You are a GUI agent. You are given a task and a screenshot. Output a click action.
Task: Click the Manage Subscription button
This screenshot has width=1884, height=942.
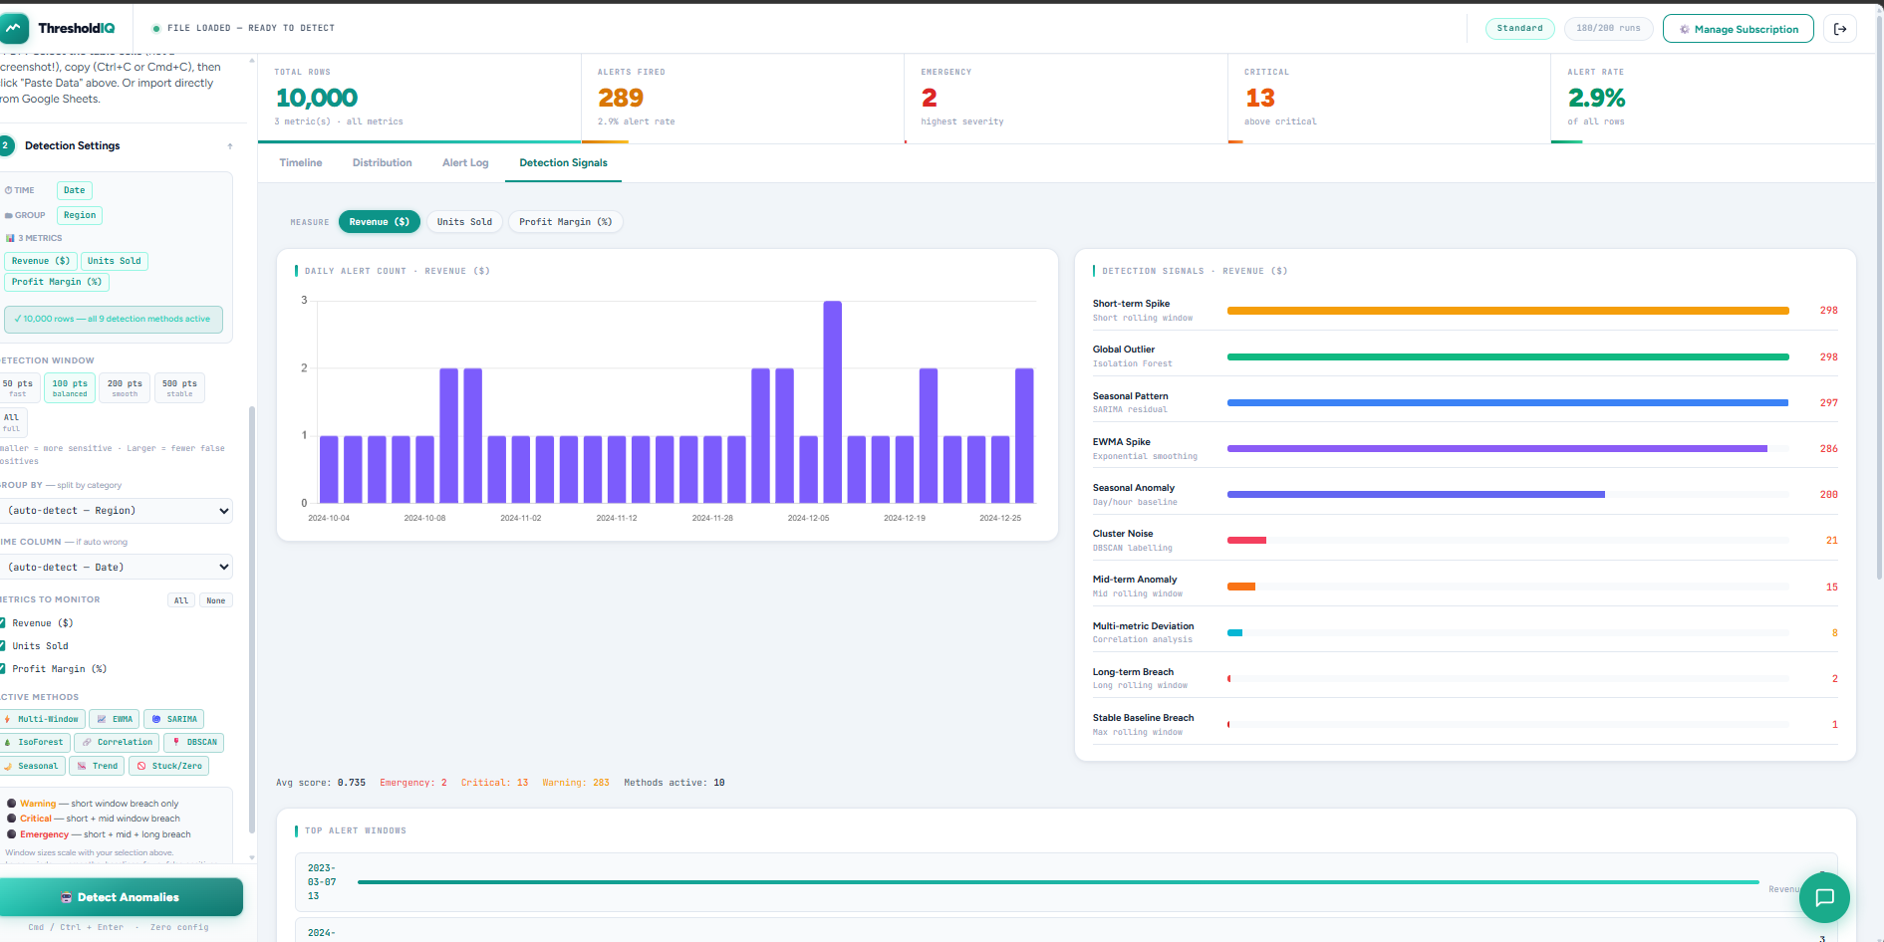click(1738, 29)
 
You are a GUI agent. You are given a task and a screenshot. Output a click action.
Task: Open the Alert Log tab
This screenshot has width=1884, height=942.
click(465, 163)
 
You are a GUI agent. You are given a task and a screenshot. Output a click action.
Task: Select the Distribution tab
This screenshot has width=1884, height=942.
click(382, 163)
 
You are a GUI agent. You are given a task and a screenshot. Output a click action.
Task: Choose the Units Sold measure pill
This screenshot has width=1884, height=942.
click(464, 222)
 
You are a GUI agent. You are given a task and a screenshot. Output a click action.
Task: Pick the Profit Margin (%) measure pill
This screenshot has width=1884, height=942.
click(565, 222)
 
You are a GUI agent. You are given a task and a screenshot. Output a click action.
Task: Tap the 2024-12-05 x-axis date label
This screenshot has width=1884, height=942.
click(808, 518)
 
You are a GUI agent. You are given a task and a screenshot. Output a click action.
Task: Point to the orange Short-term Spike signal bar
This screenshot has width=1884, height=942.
click(1506, 311)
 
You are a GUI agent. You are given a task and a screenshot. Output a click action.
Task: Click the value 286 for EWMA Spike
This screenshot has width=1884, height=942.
click(1828, 449)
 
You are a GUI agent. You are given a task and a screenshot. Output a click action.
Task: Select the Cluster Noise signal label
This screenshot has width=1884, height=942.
click(1123, 534)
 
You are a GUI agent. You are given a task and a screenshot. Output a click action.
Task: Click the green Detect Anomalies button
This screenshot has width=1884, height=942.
click(121, 897)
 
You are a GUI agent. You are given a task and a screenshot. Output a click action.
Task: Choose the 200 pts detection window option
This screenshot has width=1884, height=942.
click(125, 387)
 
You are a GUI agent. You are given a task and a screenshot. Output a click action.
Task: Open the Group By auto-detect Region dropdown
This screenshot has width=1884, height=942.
click(118, 511)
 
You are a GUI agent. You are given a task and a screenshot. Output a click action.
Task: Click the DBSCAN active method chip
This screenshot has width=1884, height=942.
click(194, 743)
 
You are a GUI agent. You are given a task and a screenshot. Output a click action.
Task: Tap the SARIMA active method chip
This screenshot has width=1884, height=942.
click(174, 719)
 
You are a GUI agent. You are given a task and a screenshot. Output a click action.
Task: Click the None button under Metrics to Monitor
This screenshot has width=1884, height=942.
click(215, 600)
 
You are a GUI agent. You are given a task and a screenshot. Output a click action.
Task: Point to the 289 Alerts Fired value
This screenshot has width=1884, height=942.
click(620, 99)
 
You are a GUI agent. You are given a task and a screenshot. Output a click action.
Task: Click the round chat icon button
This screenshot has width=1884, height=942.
click(1824, 897)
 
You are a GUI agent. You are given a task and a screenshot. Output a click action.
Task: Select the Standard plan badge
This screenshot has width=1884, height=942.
click(1519, 29)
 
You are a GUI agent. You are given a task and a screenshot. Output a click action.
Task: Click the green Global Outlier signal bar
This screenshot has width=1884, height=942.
click(1506, 356)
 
